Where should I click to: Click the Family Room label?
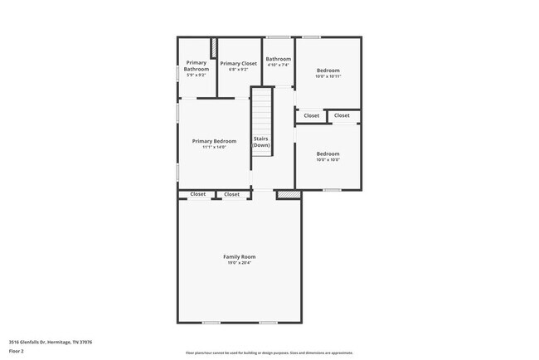pos(239,256)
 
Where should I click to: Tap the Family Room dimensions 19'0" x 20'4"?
pos(239,263)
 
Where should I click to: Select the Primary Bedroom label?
pos(214,141)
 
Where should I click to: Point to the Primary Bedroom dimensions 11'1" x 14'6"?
pos(214,148)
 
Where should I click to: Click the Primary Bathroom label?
pos(197,66)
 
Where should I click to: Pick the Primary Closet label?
pos(238,63)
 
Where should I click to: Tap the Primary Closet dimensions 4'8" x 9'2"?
pos(238,70)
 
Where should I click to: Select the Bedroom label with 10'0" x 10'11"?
pos(328,71)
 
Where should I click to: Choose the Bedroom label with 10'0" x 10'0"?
pos(328,153)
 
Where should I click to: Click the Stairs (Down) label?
pos(261,142)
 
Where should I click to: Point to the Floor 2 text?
pos(17,352)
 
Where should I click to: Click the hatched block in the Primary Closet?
pos(214,47)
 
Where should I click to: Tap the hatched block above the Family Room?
pos(287,195)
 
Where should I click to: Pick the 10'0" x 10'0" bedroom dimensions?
pos(328,160)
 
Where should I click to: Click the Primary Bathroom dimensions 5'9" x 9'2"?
pos(197,75)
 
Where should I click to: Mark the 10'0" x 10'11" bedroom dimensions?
pos(328,76)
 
